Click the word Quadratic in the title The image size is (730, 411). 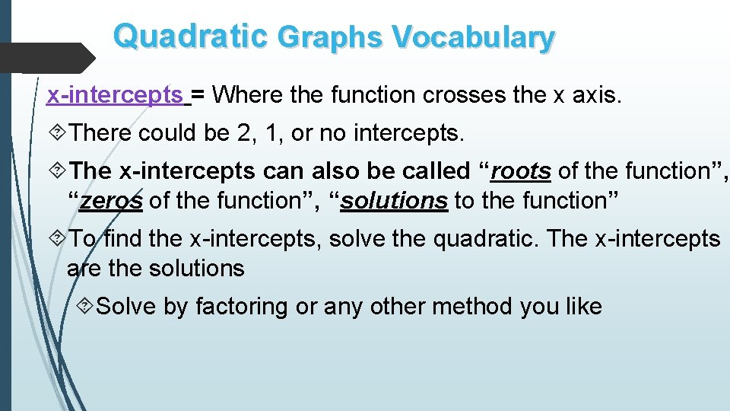190,36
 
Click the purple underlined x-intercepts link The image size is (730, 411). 115,95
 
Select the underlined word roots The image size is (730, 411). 521,170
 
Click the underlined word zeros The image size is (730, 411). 111,201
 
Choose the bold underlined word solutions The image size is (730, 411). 394,201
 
